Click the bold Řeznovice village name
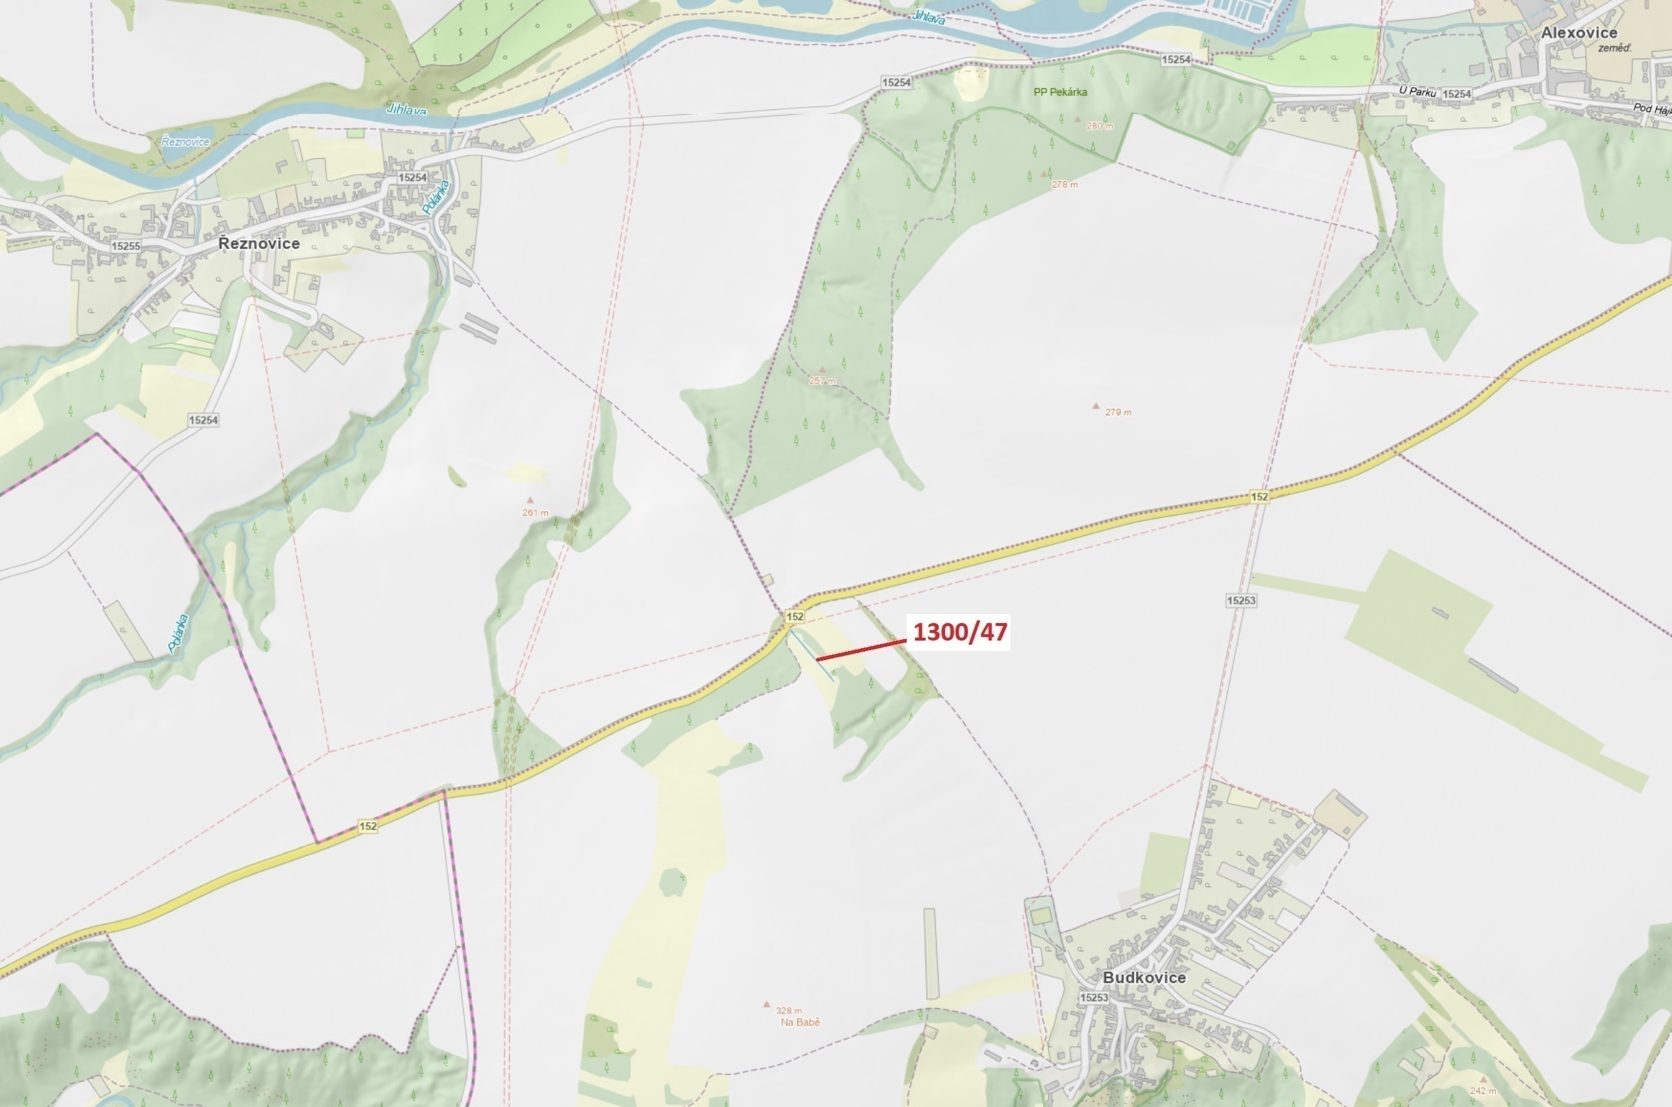(258, 244)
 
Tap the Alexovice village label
(1579, 33)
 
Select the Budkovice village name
(1144, 977)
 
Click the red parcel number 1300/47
(960, 631)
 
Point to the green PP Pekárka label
(1060, 92)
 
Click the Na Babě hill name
(800, 1021)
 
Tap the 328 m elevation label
(789, 1010)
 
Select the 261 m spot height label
(536, 512)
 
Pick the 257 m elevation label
(822, 381)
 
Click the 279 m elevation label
(1118, 412)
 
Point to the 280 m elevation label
(1100, 127)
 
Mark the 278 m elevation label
(1065, 184)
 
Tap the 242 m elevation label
(1482, 1091)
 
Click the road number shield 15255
(125, 246)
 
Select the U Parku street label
(1417, 92)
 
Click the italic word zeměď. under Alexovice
(1615, 48)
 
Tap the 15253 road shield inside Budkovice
(1094, 997)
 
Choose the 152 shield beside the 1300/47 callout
(795, 616)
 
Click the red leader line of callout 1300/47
(861, 650)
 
